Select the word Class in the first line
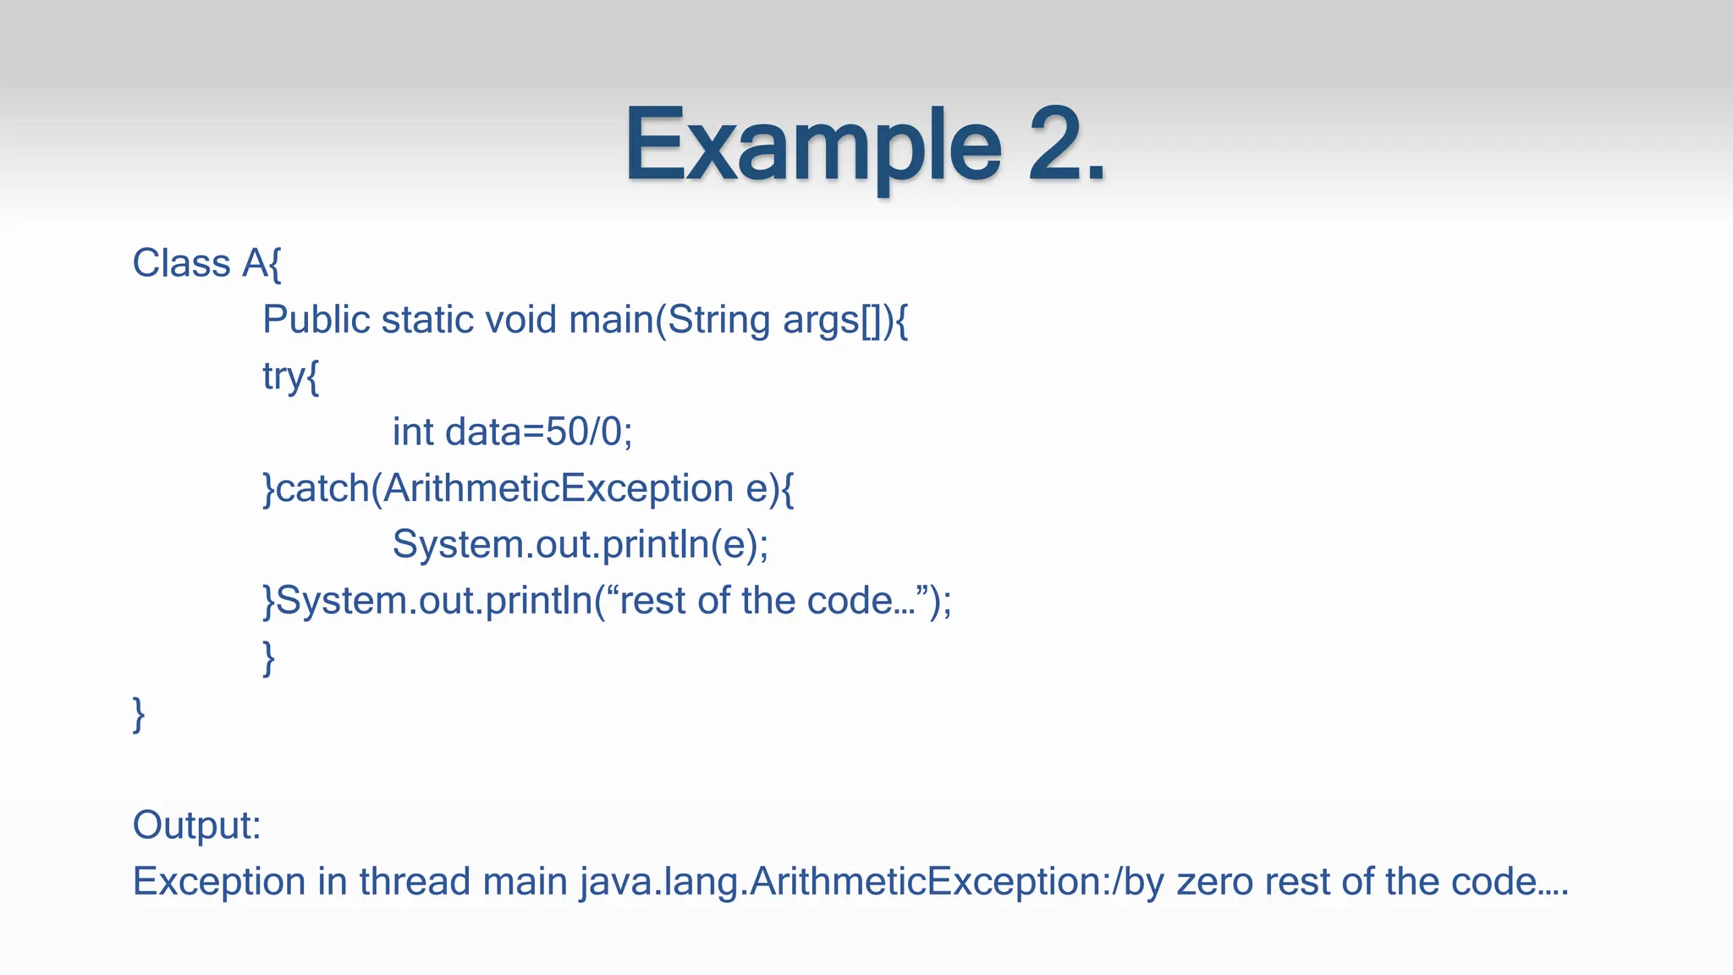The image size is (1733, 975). coord(181,263)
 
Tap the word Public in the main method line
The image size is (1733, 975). coord(316,320)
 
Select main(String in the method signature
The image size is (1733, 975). coord(669,320)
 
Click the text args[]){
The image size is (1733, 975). coord(845,320)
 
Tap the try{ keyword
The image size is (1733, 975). coord(290,376)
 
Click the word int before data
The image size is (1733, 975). coord(413,432)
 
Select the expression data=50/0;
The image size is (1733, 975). coord(539,432)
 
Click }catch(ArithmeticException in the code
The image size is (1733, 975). coord(499,488)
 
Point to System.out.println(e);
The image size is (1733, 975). coord(580,544)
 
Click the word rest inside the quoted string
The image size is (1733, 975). coord(652,601)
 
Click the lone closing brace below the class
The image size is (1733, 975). coord(139,713)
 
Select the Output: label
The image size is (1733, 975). coord(196,825)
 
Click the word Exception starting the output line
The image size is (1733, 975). coord(219,882)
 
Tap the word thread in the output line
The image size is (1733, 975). coord(415,882)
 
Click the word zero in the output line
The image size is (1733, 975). coord(1214,882)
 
